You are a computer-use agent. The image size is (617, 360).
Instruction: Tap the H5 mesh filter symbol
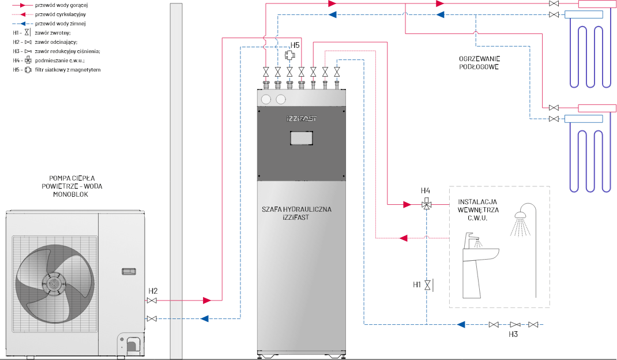289,55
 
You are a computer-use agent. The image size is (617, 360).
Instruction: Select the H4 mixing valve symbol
426,204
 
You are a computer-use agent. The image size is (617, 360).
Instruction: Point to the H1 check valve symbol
427,284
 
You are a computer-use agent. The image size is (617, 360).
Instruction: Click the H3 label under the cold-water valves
513,334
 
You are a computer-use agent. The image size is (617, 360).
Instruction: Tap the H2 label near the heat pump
153,290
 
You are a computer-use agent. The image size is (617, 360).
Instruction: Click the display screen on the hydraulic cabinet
301,138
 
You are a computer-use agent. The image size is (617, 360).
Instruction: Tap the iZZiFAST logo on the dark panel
301,119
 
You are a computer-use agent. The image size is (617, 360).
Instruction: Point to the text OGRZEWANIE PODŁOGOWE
479,63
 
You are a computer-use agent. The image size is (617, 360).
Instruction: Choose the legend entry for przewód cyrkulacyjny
58,14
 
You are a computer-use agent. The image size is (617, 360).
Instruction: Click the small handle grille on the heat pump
128,271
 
